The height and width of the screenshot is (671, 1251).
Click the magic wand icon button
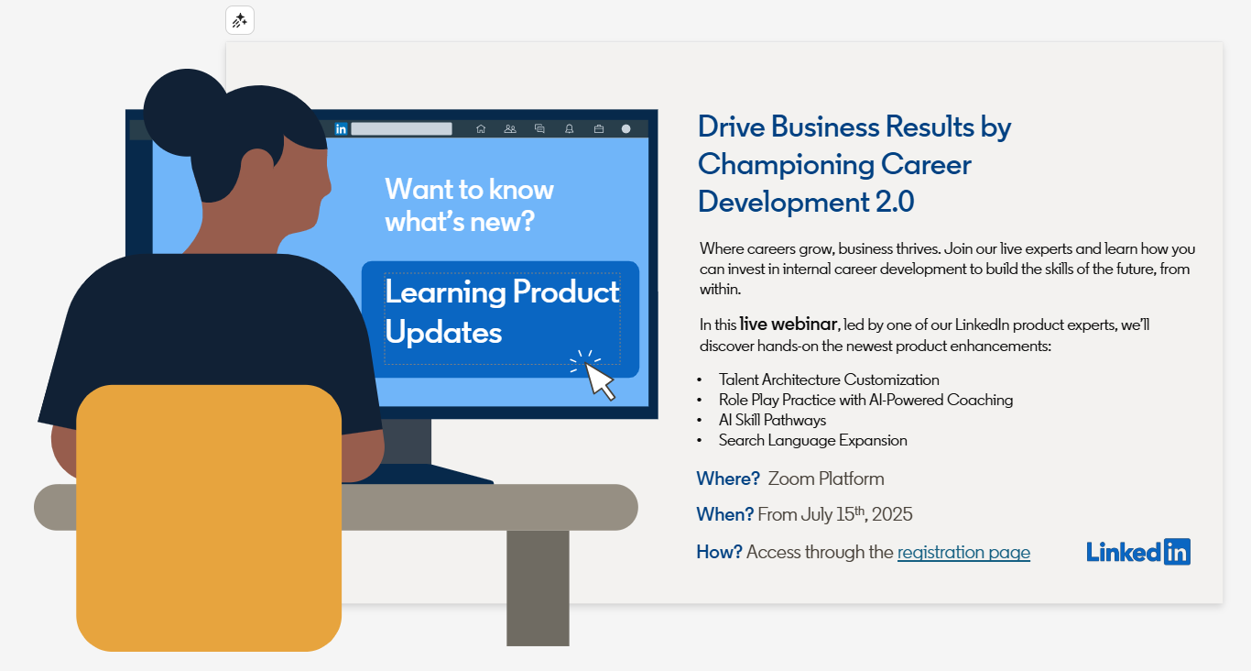click(x=240, y=21)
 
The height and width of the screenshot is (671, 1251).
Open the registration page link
click(x=963, y=553)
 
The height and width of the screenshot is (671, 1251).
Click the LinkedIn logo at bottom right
click(x=1138, y=552)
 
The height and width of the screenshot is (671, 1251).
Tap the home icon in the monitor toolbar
click(x=481, y=129)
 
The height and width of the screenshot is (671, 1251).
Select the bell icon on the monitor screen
click(x=569, y=129)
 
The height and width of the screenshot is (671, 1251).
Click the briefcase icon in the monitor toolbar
click(x=599, y=129)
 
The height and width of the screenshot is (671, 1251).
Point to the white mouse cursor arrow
click(x=599, y=380)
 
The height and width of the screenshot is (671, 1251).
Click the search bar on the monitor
click(x=401, y=129)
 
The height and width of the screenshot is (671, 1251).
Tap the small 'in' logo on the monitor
click(x=341, y=129)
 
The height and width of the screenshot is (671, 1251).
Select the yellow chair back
click(x=209, y=518)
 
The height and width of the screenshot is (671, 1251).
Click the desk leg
click(x=538, y=588)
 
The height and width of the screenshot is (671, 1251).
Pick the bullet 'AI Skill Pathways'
click(x=772, y=420)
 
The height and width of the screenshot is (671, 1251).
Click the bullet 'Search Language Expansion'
click(x=812, y=441)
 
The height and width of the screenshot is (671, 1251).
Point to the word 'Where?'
click(x=728, y=478)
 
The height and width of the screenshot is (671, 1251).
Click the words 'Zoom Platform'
click(x=826, y=478)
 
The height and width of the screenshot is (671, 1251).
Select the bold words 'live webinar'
click(x=788, y=324)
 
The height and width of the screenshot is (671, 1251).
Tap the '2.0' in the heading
click(x=895, y=202)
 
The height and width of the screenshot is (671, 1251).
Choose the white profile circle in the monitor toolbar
click(x=626, y=129)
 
